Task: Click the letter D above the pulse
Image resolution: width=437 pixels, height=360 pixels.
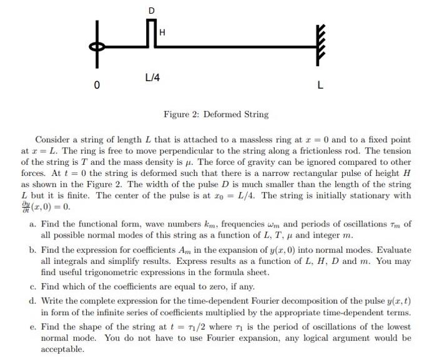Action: click(152, 11)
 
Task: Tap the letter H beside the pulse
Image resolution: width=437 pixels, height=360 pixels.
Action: click(162, 32)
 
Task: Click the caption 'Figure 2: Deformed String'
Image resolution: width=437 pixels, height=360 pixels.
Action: click(216, 115)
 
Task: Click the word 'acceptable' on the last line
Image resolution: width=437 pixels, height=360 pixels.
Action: click(62, 349)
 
